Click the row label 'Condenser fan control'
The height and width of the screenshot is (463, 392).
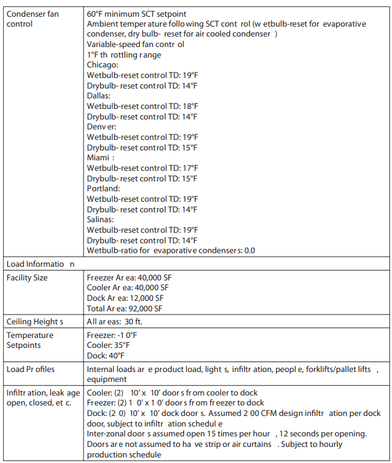[33, 19]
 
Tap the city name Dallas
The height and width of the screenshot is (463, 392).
[98, 96]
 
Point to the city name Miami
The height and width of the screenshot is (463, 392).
[99, 158]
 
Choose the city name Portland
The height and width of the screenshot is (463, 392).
[103, 189]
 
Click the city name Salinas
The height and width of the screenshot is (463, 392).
[101, 220]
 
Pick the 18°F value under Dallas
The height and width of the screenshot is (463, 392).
[189, 106]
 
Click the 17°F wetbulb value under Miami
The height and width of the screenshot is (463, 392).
[189, 168]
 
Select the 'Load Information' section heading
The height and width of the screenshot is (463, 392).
[40, 264]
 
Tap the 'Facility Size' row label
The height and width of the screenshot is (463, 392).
[27, 278]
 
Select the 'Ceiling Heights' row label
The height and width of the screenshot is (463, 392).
[35, 322]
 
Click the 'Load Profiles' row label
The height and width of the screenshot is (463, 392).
[30, 370]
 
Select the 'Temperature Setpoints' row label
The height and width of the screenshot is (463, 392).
[30, 340]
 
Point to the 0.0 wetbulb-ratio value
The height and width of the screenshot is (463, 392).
[249, 251]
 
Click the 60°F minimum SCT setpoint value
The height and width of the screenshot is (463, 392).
[94, 14]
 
